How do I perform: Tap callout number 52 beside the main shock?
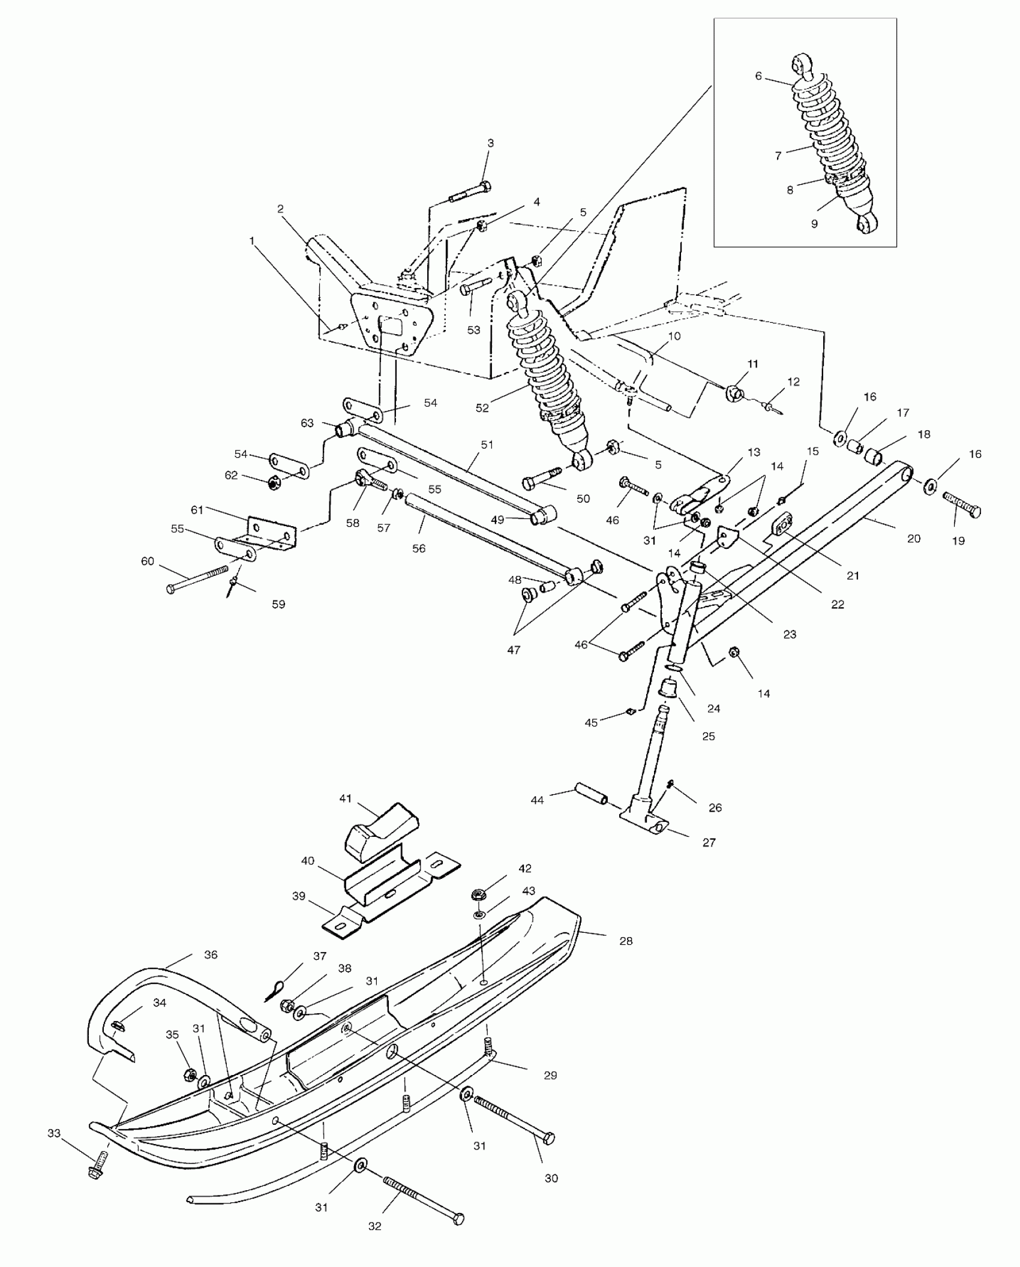click(482, 408)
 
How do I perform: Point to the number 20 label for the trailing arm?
click(913, 538)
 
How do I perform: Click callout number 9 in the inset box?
click(814, 224)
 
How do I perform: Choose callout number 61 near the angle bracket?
click(198, 510)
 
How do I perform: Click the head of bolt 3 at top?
click(485, 187)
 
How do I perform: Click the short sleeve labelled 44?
click(592, 794)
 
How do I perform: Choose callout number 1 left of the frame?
click(252, 241)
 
